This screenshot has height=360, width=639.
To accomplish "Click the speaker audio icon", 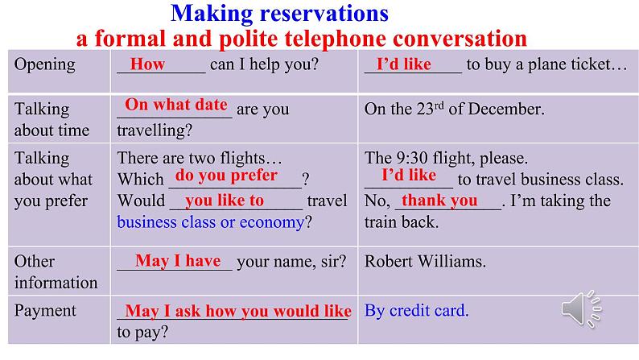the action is click(582, 309).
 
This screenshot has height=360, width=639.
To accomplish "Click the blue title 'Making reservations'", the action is click(279, 13).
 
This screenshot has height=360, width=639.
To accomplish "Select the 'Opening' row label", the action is click(45, 64).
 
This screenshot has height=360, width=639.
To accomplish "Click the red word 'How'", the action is click(147, 64).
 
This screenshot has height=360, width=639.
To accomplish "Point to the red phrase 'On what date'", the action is click(176, 105).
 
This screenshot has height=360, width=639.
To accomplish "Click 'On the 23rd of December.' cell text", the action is click(455, 109).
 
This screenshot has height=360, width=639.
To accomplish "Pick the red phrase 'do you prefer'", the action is click(226, 176).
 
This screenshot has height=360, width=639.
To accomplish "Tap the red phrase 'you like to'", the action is click(225, 201).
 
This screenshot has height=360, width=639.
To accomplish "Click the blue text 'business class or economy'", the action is click(211, 222).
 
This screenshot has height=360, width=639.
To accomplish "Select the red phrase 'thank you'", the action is click(439, 201).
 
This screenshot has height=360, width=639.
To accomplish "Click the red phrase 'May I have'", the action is click(178, 260).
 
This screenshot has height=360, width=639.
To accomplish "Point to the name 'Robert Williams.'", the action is click(425, 261).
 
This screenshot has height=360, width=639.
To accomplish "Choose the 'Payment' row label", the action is click(45, 311).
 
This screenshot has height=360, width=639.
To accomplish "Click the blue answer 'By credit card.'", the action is click(417, 311).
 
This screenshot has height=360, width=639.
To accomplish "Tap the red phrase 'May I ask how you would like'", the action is click(238, 311).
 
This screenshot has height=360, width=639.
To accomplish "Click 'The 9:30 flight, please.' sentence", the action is click(446, 158).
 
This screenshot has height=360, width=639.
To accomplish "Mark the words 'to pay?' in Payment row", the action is click(142, 333).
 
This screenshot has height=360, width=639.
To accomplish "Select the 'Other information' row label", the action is click(56, 272).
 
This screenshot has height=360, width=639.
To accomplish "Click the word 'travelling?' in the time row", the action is click(155, 130).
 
